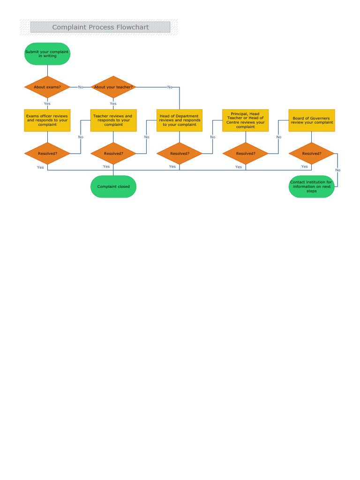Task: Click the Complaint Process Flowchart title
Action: click(100, 27)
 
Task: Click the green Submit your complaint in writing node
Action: click(47, 53)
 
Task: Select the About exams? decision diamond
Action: click(47, 87)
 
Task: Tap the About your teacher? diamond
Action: click(113, 87)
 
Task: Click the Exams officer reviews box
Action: click(47, 120)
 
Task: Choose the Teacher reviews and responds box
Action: click(113, 120)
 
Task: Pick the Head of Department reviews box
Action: click(180, 120)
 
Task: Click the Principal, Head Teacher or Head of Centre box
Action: click(246, 120)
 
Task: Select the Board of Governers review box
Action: click(312, 120)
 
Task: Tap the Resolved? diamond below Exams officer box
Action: click(47, 153)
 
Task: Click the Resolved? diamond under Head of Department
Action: click(180, 153)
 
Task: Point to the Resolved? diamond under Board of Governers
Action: click(312, 153)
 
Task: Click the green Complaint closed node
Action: click(113, 187)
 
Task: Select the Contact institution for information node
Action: click(312, 187)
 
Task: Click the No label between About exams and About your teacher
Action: click(81, 87)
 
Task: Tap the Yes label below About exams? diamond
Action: click(47, 104)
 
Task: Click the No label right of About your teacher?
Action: click(170, 87)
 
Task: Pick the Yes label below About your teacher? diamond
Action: click(113, 104)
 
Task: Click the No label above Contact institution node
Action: click(337, 170)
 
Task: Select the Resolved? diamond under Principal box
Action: click(246, 153)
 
